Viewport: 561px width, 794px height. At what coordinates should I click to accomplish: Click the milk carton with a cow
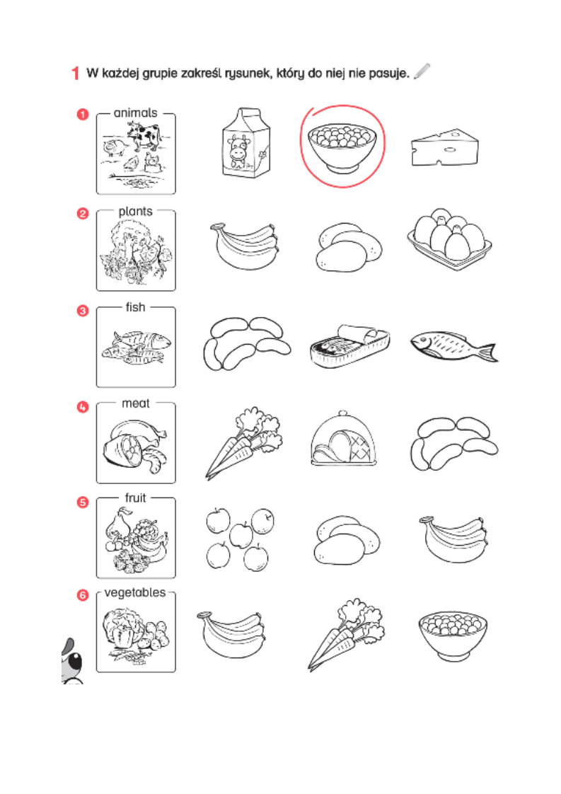246,143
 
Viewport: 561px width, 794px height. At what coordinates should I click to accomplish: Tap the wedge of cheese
444,147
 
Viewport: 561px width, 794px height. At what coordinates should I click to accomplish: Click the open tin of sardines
350,345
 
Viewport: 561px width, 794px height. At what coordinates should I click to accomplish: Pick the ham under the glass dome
344,439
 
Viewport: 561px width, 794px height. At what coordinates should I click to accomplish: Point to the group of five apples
240,539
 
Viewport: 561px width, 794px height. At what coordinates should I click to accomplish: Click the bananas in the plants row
245,246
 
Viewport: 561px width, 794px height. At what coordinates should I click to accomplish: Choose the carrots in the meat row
243,442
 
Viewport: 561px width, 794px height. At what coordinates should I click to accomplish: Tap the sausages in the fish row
247,343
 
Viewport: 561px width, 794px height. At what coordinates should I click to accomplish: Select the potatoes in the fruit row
347,541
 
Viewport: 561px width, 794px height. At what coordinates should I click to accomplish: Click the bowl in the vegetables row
453,635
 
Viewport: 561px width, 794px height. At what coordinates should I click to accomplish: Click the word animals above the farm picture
135,113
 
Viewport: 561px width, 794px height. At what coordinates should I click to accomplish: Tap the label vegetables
134,592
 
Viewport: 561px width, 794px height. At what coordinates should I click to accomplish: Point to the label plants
135,211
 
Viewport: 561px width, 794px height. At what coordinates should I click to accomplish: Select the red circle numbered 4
83,407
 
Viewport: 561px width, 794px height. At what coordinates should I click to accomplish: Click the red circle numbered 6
83,595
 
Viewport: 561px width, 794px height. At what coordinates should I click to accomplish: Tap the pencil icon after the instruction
422,71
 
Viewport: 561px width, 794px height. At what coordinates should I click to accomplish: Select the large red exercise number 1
75,73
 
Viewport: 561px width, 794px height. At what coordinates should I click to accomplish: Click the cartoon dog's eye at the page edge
74,661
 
